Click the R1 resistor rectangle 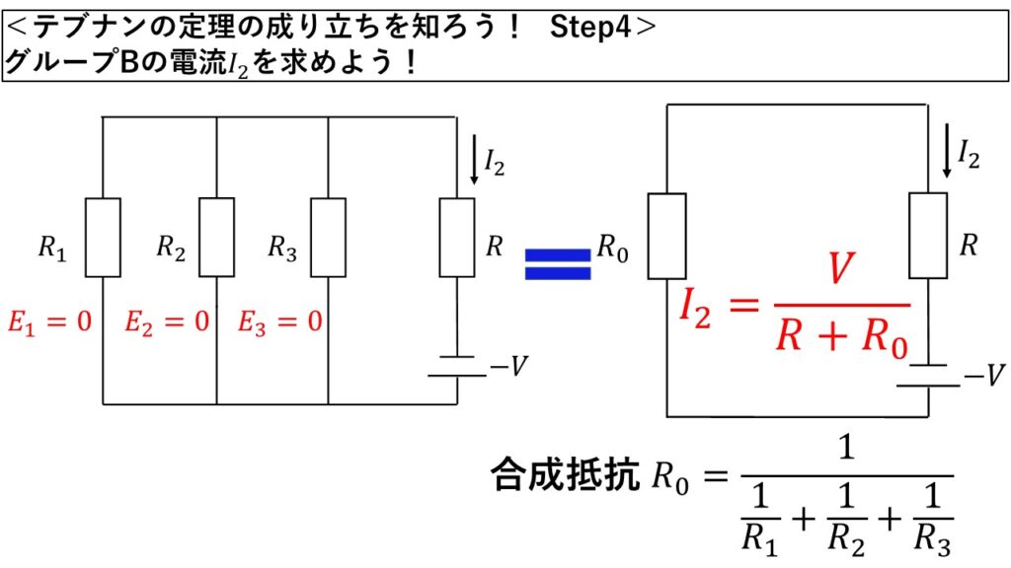click(103, 237)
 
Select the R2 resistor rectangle click(216, 237)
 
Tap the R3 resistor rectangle click(328, 237)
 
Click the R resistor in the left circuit click(457, 237)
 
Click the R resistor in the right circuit click(928, 235)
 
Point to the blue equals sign click(557, 263)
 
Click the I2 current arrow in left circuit click(475, 164)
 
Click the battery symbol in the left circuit click(457, 366)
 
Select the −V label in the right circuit click(983, 375)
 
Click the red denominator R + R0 click(841, 337)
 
